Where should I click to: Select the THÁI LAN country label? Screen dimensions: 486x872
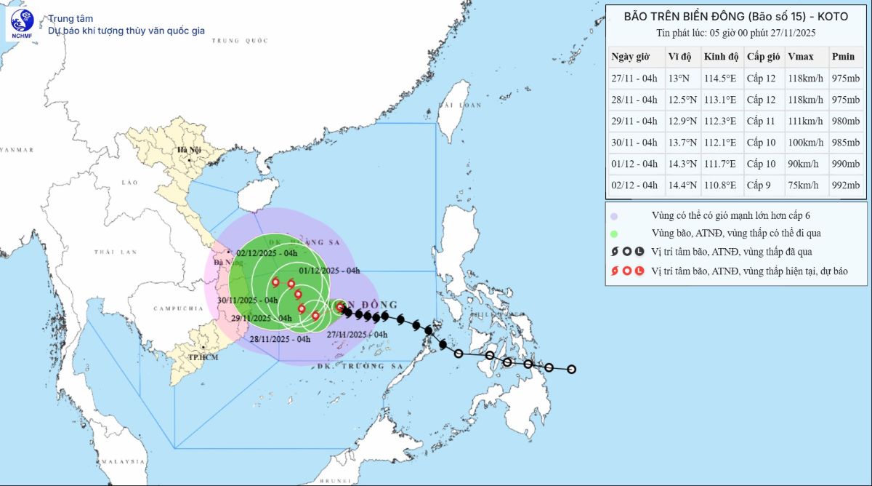[x=115, y=252]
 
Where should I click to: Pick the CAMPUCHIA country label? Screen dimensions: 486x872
[x=177, y=308]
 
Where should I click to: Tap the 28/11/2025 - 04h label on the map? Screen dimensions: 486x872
[x=280, y=339]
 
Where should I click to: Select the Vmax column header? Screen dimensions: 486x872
[x=800, y=57]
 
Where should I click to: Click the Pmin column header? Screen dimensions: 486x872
[x=843, y=57]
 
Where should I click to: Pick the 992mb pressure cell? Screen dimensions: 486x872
[x=845, y=186]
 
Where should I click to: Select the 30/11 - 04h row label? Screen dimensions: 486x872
[x=634, y=143]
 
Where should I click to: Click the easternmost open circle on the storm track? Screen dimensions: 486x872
[x=572, y=370]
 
